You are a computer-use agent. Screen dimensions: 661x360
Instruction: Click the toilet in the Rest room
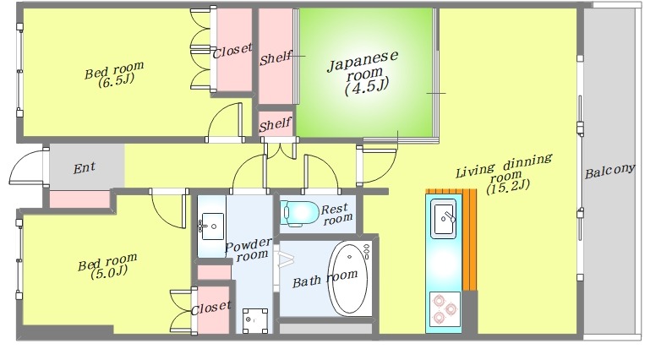click(300, 212)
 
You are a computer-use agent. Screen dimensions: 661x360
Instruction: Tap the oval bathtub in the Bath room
click(349, 278)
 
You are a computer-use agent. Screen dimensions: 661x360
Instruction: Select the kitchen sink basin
click(444, 218)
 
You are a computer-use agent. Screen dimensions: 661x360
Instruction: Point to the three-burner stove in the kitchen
click(445, 308)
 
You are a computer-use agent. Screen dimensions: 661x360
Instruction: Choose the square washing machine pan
click(255, 320)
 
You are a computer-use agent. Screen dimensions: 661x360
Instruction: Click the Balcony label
click(609, 172)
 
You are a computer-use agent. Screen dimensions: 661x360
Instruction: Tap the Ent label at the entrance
click(85, 168)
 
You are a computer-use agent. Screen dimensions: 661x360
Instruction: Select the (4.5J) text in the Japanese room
click(366, 87)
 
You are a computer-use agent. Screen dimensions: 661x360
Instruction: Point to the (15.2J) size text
click(507, 186)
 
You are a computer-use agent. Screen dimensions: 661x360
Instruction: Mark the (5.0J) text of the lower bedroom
click(109, 273)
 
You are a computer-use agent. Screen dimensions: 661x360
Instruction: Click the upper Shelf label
click(276, 57)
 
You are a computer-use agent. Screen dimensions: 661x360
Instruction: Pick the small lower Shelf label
click(276, 124)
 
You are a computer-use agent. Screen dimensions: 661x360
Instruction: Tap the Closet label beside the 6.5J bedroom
click(232, 51)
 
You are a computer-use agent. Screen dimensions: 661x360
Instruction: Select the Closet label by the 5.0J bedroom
click(210, 308)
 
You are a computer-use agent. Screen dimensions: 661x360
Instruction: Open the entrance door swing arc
click(17, 160)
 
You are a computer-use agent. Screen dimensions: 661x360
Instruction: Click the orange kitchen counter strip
click(470, 239)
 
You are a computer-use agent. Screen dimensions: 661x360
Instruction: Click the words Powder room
click(249, 249)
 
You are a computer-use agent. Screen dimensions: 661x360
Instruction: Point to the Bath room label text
click(325, 279)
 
